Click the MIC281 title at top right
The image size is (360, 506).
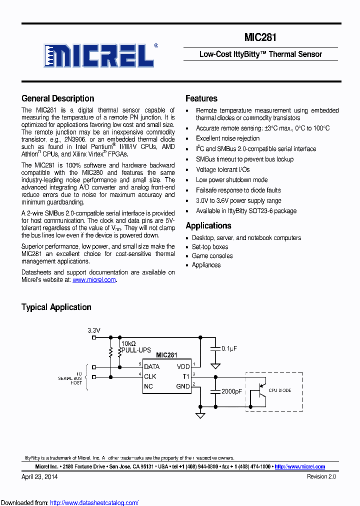260,37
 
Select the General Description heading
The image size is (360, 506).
57,98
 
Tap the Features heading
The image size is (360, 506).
201,98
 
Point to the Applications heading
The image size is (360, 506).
208,225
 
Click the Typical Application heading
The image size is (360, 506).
56,307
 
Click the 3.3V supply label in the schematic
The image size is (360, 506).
94,330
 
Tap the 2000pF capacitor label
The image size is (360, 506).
231,391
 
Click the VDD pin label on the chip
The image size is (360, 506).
183,366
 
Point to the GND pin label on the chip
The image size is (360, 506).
183,386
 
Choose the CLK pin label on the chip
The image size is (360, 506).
150,376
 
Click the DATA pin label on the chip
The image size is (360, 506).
151,366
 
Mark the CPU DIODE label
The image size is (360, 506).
280,390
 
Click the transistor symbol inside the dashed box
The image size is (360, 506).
258,390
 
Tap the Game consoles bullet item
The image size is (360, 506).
212,256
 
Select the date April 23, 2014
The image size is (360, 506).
39,476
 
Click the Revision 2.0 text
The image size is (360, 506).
321,476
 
